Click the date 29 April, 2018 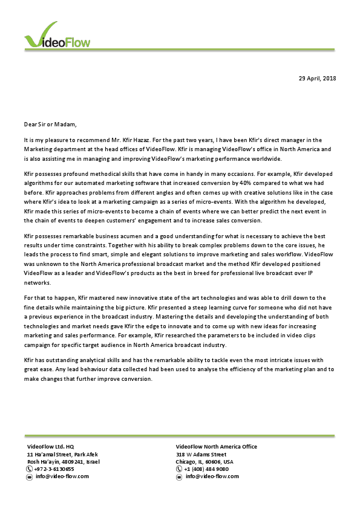317,79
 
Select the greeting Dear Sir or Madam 51,125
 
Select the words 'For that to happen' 48,298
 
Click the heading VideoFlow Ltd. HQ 50,447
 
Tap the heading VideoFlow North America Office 216,447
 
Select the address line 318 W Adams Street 201,454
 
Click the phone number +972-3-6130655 54,468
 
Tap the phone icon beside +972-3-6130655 30,468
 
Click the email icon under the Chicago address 179,476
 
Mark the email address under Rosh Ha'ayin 62,476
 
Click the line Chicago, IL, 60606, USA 204,461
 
